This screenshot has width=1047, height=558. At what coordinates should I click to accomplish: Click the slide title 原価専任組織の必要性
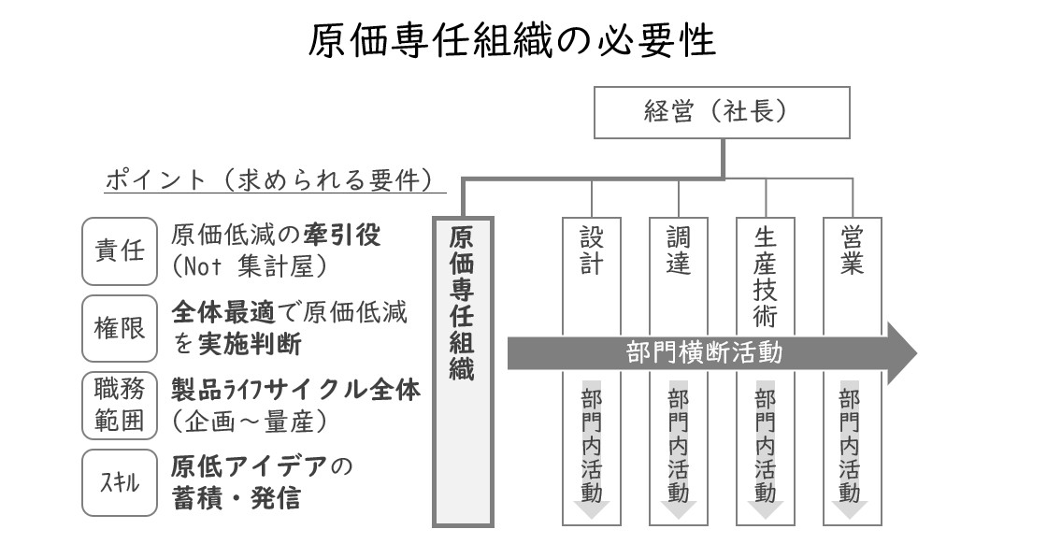[512, 40]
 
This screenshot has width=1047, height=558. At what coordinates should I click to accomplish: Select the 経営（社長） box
[722, 112]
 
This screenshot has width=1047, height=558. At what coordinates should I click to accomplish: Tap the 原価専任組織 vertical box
[463, 372]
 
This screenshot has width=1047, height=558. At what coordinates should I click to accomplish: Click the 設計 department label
[592, 251]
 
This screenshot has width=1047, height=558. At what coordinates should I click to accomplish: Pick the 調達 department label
[679, 251]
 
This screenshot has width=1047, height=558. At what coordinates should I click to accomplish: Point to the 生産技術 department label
[766, 277]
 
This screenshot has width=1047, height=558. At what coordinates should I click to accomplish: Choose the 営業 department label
[852, 251]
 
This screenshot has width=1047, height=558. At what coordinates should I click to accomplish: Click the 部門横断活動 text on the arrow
[704, 352]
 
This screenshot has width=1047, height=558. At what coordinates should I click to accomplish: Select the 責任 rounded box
[120, 251]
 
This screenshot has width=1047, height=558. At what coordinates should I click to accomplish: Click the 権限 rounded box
[120, 328]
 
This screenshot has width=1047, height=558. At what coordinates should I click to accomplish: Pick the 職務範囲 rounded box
[120, 406]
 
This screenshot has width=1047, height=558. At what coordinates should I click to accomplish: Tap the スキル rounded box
[120, 482]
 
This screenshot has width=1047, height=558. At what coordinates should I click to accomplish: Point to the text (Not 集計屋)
[250, 267]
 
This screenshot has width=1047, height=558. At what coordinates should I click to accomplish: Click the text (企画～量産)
[250, 422]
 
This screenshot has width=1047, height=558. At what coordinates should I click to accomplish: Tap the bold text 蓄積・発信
[237, 498]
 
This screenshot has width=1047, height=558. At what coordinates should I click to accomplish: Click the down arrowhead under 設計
[592, 509]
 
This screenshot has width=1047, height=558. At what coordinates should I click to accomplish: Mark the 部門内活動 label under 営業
[850, 446]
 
